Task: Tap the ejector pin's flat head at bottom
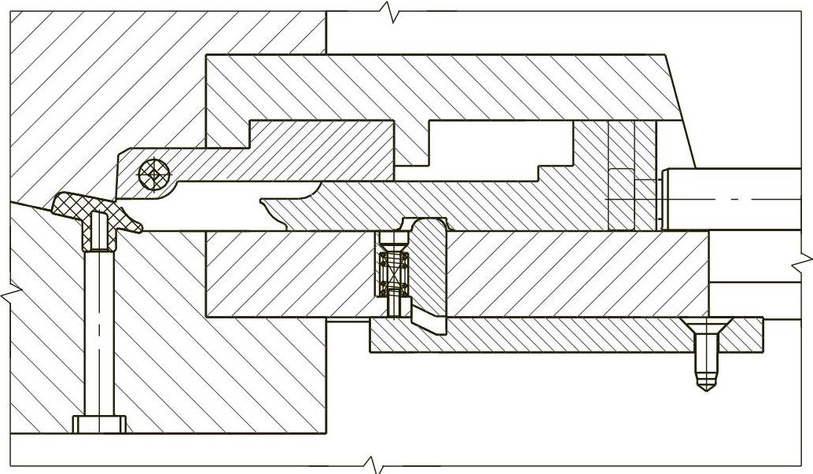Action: (99, 424)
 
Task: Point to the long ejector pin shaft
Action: (99, 330)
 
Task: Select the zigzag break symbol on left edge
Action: (8, 295)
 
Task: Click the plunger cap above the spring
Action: (391, 239)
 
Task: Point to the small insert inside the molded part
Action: (98, 229)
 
